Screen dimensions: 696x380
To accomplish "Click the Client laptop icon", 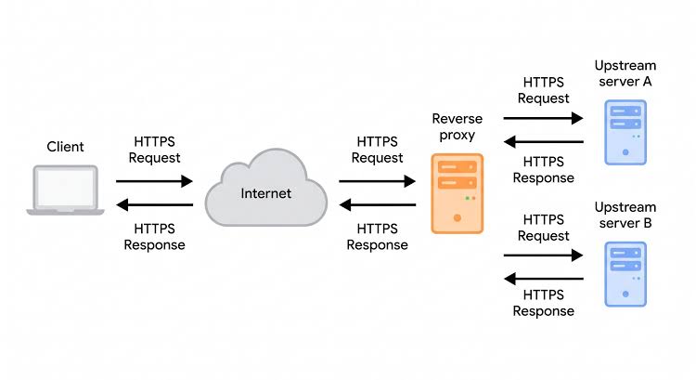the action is coord(65,190).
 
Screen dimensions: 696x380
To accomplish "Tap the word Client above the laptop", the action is coord(65,147).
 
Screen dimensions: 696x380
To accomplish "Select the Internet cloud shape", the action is coord(266,188).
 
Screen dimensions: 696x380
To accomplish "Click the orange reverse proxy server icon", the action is coord(458,193).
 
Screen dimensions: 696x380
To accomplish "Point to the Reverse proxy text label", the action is coord(458,126).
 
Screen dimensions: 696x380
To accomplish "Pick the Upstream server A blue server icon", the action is coord(625,133).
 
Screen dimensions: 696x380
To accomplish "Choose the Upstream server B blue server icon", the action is coord(625,274).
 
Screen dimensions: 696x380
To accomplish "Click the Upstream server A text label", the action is coord(625,73).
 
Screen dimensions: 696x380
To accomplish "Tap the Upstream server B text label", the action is coord(625,216).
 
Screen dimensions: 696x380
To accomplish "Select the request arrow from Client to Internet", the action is coord(154,181).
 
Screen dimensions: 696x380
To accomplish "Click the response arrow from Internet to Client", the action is coord(154,205).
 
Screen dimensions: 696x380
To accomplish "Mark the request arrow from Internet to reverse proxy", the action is coord(378,181).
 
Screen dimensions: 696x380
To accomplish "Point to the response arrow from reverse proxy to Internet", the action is coord(378,205).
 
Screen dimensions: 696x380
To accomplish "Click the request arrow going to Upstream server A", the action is coord(543,118).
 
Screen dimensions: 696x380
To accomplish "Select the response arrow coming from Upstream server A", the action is coord(543,142).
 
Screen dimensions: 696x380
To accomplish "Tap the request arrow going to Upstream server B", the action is coord(543,256).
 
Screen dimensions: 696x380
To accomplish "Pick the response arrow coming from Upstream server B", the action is coord(543,279).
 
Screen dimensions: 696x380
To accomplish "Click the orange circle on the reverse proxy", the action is coord(458,217).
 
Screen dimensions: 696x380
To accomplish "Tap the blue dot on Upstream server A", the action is coord(625,152).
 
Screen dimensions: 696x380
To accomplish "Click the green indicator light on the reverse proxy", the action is coord(467,198).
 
